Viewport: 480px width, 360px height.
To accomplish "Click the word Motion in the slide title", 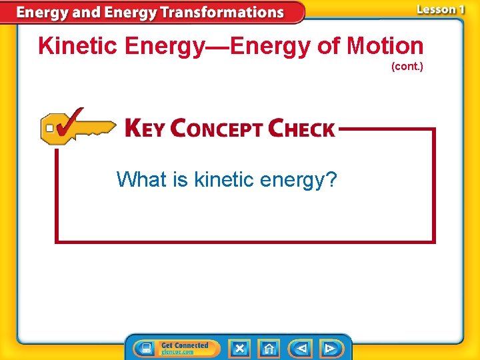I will [x=385, y=46].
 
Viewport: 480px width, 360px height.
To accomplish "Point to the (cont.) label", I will [x=407, y=67].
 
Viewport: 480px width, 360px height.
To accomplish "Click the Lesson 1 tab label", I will [x=440, y=9].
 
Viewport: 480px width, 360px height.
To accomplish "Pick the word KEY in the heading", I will [x=144, y=128].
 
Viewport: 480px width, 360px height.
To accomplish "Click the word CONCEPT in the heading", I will [x=216, y=128].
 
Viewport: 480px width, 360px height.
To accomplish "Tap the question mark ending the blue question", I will [x=331, y=179].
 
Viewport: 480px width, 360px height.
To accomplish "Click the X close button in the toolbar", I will [x=239, y=348].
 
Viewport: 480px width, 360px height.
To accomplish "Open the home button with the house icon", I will [x=269, y=348].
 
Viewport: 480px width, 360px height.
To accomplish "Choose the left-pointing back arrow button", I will [x=301, y=348].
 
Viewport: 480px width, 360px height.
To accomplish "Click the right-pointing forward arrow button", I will [x=331, y=348].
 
